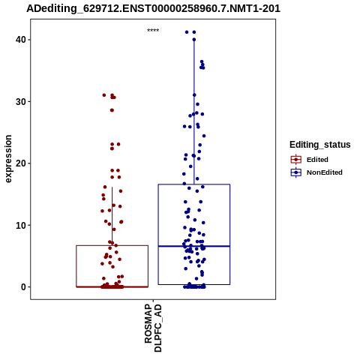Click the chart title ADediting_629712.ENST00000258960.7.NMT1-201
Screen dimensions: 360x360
click(153, 8)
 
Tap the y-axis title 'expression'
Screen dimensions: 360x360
click(8, 159)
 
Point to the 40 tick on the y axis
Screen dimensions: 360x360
click(19, 40)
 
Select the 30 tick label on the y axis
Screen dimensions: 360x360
click(19, 101)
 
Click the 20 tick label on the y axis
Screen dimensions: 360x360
click(19, 163)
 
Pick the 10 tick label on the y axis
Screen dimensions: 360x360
click(19, 225)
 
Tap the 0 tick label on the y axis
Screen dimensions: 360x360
click(23, 287)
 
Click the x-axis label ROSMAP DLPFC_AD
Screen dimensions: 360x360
click(153, 328)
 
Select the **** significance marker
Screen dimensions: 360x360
click(153, 31)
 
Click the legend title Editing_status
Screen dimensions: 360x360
click(320, 145)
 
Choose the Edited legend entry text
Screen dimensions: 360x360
click(317, 160)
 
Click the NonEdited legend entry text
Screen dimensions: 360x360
click(325, 172)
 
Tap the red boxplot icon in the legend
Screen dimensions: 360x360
click(296, 160)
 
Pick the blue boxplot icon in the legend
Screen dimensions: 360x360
click(296, 172)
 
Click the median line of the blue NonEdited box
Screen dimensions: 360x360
click(194, 246)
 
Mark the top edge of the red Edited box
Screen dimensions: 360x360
click(112, 245)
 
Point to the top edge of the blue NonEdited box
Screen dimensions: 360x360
click(194, 184)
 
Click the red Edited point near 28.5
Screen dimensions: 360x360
click(112, 110)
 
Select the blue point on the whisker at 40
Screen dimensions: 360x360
click(194, 40)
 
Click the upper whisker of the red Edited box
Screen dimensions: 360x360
click(112, 216)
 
